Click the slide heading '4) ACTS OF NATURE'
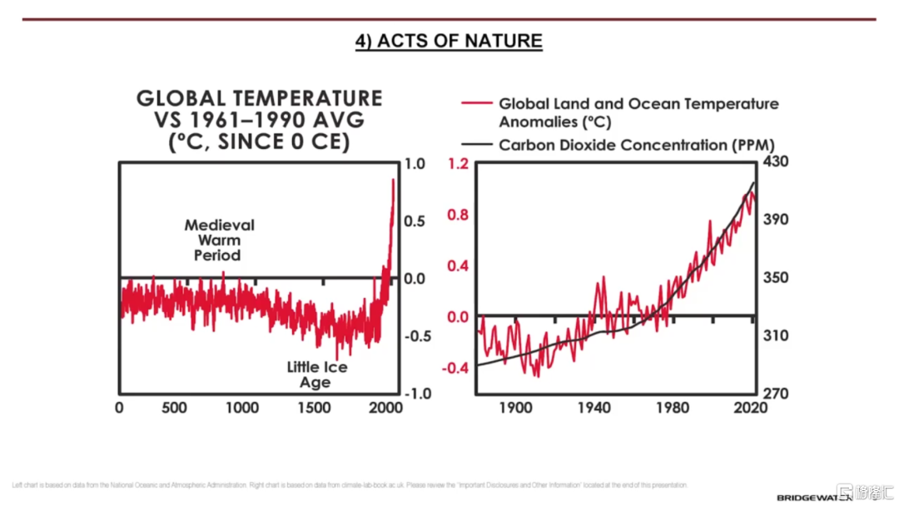coord(449,41)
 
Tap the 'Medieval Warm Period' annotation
coord(219,240)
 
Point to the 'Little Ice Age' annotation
coord(316,375)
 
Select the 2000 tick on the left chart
coord(385,408)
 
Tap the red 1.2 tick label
coord(459,164)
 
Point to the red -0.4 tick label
coord(457,369)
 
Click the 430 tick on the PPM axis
coord(775,161)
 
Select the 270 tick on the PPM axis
coord(775,394)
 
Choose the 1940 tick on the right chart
coord(594,408)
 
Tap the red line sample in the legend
coord(476,104)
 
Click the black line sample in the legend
coord(476,145)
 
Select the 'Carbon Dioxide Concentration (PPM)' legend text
coord(637,145)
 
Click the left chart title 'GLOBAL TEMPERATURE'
coord(259,98)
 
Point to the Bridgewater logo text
coord(814,497)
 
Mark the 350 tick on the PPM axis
coord(775,277)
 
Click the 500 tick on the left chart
coord(174,408)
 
